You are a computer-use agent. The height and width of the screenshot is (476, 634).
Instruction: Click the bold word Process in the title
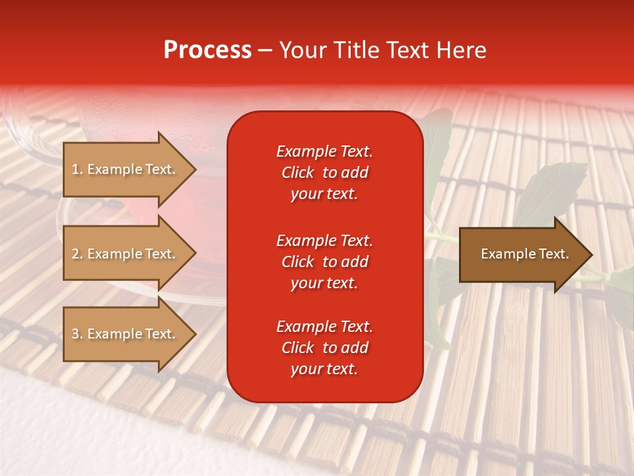point(207,50)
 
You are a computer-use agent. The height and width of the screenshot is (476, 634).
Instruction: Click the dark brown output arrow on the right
point(522,255)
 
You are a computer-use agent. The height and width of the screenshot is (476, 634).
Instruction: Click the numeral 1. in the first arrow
point(77,169)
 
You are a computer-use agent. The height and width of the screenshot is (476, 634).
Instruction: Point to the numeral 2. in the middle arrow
point(77,254)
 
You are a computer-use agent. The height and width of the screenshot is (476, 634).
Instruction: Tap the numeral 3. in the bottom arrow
point(77,334)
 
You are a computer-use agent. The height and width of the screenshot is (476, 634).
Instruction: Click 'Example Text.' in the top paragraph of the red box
point(324,151)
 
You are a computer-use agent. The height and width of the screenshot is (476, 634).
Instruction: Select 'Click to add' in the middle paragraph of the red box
point(324,262)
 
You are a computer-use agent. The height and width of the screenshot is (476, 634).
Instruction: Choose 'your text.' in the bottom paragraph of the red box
point(324,370)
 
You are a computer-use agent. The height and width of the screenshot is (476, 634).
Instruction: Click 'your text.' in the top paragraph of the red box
point(324,194)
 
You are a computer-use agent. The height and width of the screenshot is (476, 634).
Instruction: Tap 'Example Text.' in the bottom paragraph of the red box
point(324,327)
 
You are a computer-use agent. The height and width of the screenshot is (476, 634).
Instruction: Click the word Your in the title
point(302,50)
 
